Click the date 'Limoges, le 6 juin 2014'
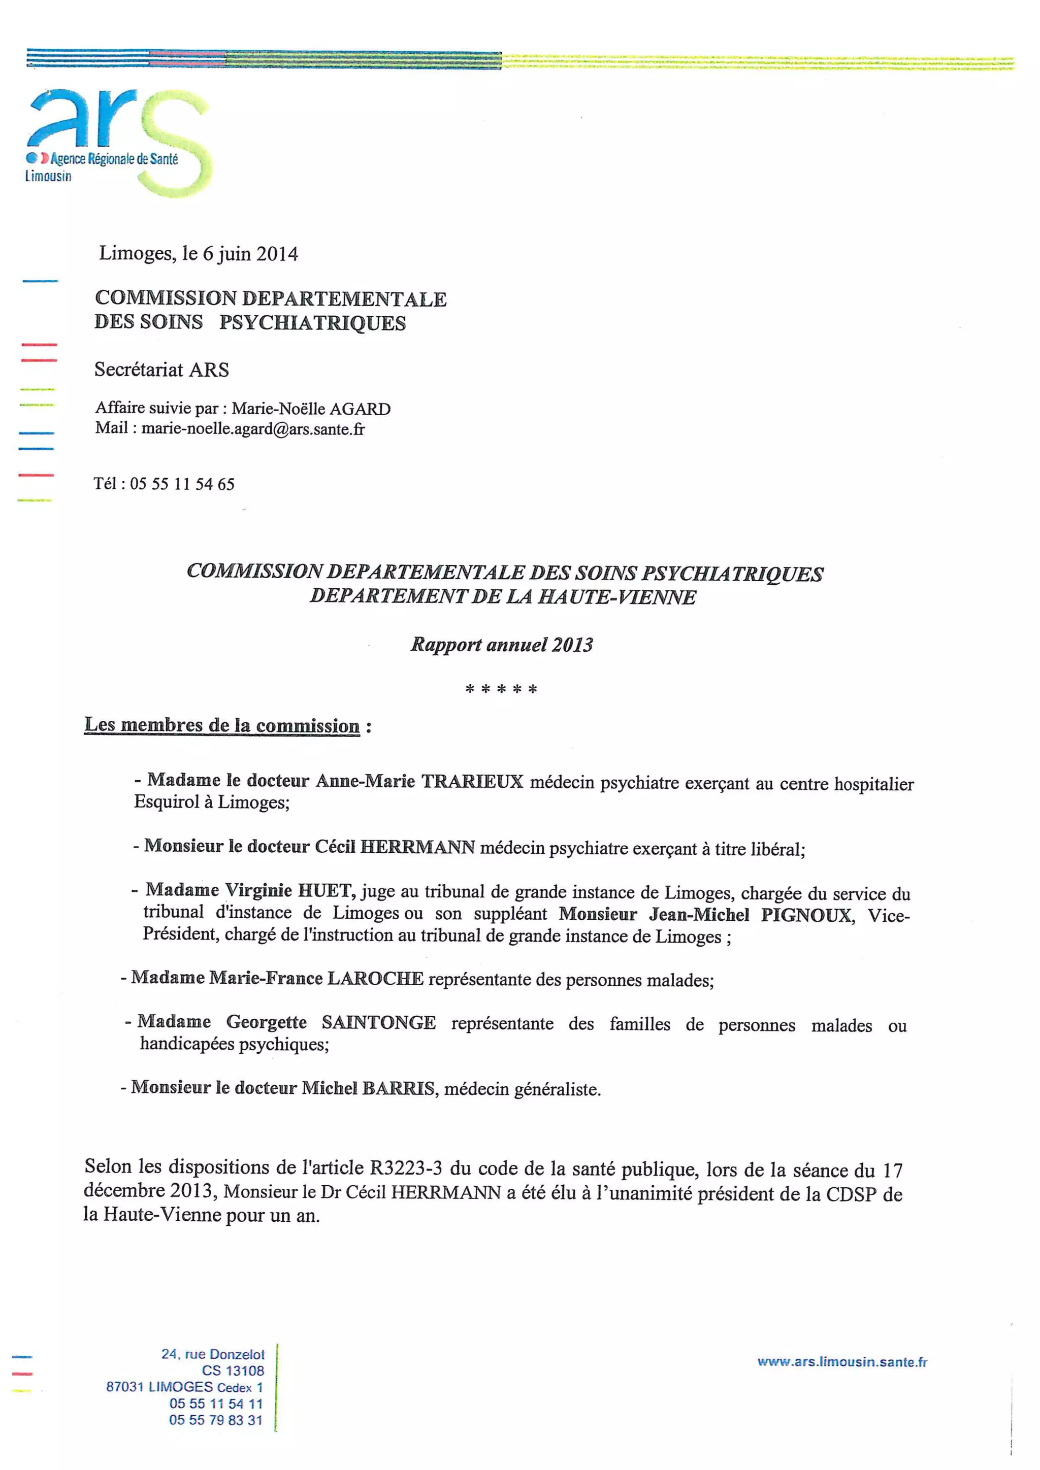198,254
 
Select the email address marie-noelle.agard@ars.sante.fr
253,429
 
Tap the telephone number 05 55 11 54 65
182,484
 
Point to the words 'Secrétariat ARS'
161,370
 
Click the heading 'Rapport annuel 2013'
501,644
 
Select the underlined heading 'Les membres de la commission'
222,725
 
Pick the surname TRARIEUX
473,781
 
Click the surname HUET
326,891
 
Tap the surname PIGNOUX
806,915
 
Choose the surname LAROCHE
375,978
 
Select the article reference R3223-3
406,1168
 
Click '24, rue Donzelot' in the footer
213,1354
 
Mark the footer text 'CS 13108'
233,1371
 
